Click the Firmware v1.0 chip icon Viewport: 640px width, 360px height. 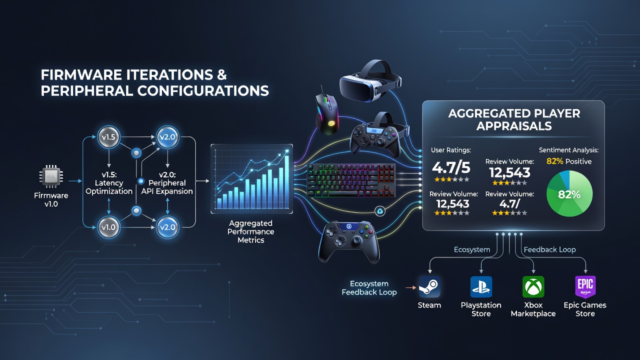pyautogui.click(x=51, y=176)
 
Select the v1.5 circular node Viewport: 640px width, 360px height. pyautogui.click(x=108, y=137)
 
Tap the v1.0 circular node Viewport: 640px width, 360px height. pyautogui.click(x=108, y=227)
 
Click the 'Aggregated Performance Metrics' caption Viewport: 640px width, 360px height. pyautogui.click(x=251, y=231)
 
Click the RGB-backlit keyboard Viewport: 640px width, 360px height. pyautogui.click(x=351, y=180)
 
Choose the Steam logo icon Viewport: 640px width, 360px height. pyautogui.click(x=429, y=287)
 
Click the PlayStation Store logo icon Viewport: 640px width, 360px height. pyautogui.click(x=481, y=287)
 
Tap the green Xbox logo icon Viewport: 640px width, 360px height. pyautogui.click(x=533, y=287)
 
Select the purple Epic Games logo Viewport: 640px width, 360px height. pyautogui.click(x=585, y=287)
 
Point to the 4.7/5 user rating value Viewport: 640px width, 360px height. pyautogui.click(x=451, y=167)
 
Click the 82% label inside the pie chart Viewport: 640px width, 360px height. pyautogui.click(x=569, y=194)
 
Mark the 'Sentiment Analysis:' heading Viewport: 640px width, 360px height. pyautogui.click(x=568, y=150)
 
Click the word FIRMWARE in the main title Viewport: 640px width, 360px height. pyautogui.click(x=81, y=75)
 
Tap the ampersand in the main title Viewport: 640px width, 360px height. pyautogui.click(x=220, y=75)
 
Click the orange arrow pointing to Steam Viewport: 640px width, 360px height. pyautogui.click(x=411, y=287)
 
